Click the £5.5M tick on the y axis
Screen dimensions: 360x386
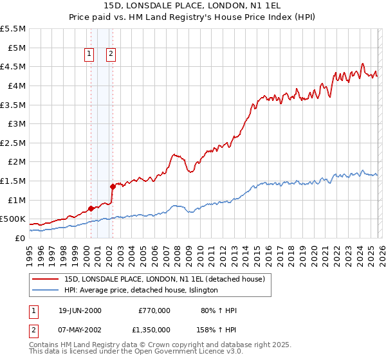(14, 29)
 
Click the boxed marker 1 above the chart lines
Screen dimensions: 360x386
(89, 55)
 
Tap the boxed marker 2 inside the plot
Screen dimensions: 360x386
(111, 55)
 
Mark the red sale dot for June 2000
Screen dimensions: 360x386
(91, 208)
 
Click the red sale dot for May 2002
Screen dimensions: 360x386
(113, 186)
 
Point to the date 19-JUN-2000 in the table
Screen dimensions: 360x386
(80, 310)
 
